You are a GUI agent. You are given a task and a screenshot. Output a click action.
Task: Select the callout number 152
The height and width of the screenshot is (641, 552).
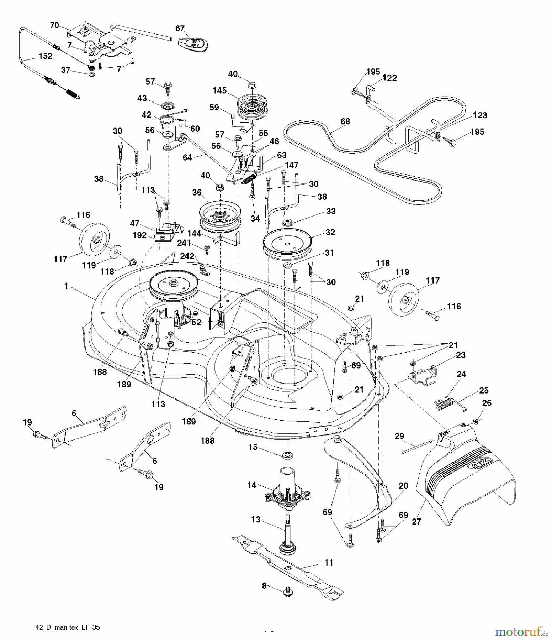coord(46,56)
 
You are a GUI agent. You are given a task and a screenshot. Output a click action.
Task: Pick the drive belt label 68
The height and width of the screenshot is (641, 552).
coord(345,121)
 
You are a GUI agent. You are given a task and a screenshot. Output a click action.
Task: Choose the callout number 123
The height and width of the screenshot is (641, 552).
coord(480,115)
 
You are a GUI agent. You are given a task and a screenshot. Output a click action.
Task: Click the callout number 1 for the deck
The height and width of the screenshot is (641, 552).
coord(66,286)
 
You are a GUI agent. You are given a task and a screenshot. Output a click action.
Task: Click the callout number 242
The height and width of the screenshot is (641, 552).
coord(187,256)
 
